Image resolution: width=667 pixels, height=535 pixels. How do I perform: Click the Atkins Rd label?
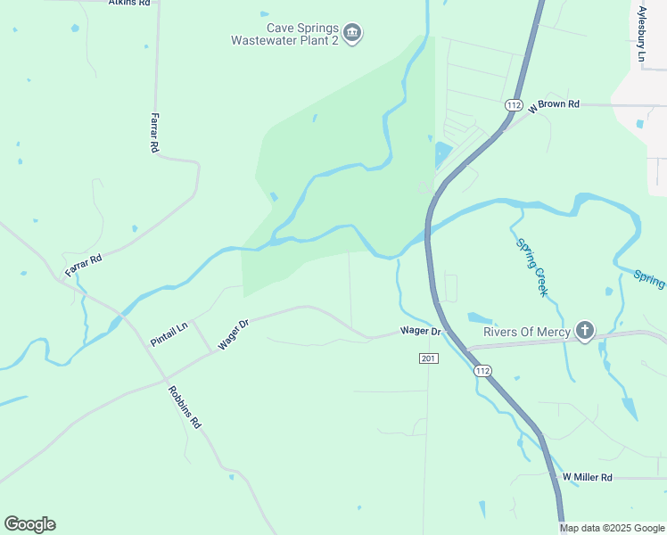[128, 4]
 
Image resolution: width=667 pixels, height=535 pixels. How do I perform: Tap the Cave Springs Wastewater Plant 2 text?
[284, 34]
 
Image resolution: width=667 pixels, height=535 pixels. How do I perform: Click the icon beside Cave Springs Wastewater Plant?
[352, 34]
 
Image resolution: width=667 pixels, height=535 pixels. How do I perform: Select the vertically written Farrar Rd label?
[154, 134]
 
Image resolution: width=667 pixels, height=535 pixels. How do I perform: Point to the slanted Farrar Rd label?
[84, 264]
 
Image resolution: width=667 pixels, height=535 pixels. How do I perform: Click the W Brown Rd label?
[554, 104]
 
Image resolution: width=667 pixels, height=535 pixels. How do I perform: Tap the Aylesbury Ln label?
[642, 35]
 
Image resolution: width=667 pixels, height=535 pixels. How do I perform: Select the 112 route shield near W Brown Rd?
[513, 105]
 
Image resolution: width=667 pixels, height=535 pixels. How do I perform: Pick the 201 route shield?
[428, 358]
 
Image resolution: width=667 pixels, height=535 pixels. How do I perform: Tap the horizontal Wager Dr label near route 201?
[421, 331]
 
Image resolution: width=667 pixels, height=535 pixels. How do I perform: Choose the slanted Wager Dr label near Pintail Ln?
[231, 333]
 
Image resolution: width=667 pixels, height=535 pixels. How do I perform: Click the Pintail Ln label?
[169, 334]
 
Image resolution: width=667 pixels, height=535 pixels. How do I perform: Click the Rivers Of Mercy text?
[526, 332]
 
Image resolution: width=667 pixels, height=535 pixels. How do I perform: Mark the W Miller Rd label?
[587, 478]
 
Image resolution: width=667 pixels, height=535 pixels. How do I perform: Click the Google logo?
[29, 524]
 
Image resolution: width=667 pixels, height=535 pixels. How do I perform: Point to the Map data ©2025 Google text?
[613, 528]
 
